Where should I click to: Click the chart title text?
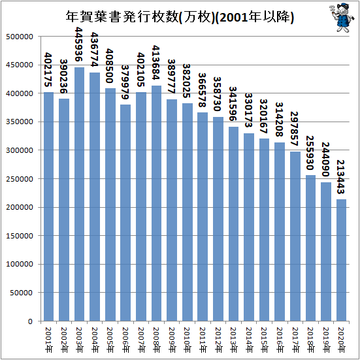(x=180, y=17)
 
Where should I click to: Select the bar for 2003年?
(x=79, y=194)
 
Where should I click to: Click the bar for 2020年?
(x=341, y=260)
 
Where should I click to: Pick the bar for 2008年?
(x=156, y=203)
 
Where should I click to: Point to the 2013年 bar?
(x=233, y=224)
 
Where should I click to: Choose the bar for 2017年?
(x=295, y=237)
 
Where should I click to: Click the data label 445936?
(x=79, y=44)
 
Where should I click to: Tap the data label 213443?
(x=341, y=177)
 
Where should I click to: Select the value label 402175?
(x=48, y=70)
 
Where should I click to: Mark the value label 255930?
(x=310, y=153)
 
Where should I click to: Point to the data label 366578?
(x=203, y=90)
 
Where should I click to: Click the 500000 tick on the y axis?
(x=20, y=37)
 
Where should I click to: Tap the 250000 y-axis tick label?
(x=20, y=179)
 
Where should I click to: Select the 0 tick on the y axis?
(x=31, y=321)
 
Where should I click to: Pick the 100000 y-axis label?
(x=20, y=264)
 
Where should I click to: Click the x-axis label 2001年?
(x=48, y=340)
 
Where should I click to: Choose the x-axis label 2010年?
(x=187, y=340)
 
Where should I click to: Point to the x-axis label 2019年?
(x=326, y=340)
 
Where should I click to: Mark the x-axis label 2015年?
(x=264, y=340)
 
